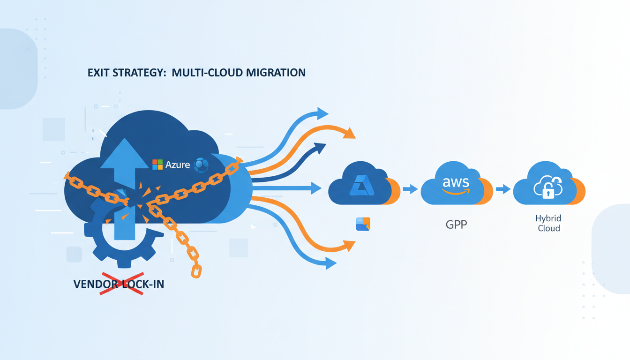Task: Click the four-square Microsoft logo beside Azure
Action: pyautogui.click(x=157, y=165)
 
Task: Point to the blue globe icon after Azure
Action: pyautogui.click(x=201, y=165)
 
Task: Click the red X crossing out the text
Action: pyautogui.click(x=121, y=284)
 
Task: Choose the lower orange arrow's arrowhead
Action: pyautogui.click(x=348, y=245)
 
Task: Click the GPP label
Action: pyautogui.click(x=456, y=224)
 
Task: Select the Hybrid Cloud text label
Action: pyautogui.click(x=548, y=224)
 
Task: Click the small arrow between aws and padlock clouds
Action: pyautogui.click(x=503, y=189)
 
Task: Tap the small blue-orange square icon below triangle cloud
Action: pyautogui.click(x=363, y=224)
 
